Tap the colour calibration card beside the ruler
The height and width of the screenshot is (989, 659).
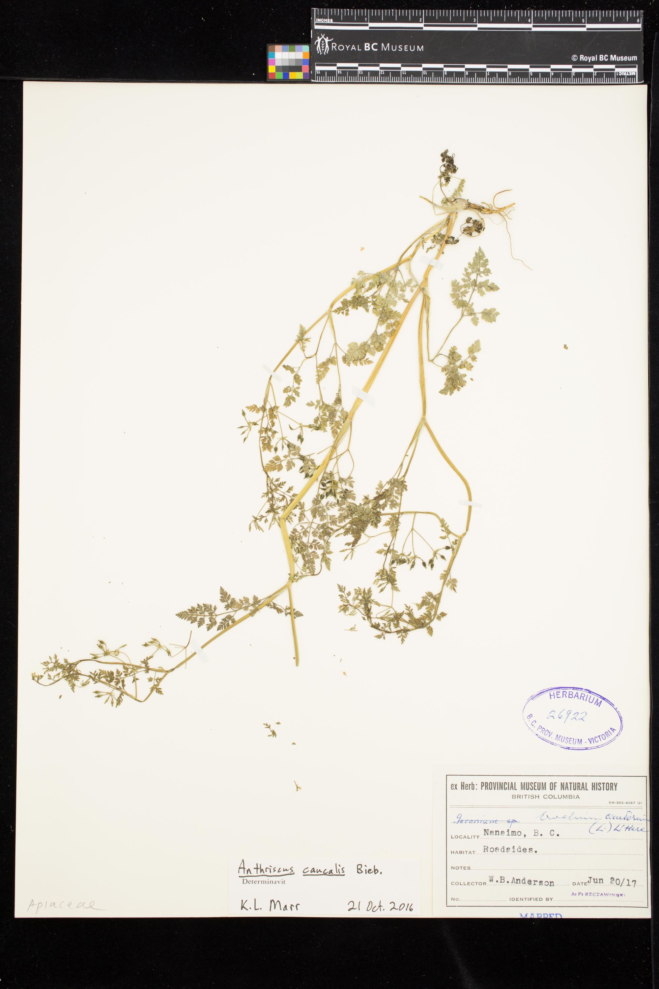tap(288, 62)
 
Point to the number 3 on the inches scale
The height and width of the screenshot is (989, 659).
tap(475, 20)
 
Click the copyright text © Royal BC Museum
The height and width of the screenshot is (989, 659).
tap(604, 58)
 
